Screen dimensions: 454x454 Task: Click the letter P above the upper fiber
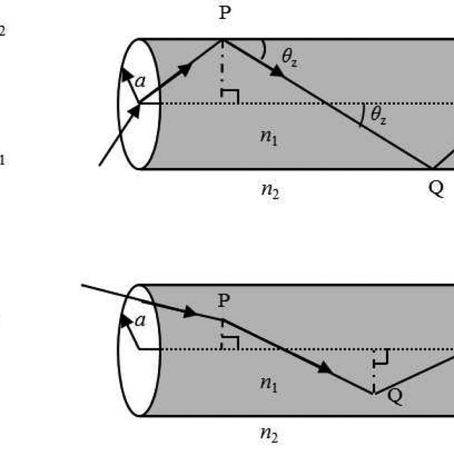coord(224,13)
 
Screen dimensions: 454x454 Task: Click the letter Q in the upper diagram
coord(436,189)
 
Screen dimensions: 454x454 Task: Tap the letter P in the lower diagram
coord(224,300)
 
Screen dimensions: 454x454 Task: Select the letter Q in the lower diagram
coord(395,397)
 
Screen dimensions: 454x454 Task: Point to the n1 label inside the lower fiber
coord(269,384)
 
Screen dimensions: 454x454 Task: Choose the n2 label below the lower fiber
coord(269,434)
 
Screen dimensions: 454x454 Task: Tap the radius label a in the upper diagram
coord(140,81)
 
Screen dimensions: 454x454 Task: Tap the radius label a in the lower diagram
coord(140,321)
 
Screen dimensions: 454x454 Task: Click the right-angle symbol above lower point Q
coord(381,357)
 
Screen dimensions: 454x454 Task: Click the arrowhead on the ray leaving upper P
coord(277,71)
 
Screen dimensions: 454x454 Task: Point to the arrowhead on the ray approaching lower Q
coord(326,367)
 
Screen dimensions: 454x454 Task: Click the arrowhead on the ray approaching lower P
coord(190,311)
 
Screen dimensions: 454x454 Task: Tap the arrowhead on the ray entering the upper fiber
coord(131,111)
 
